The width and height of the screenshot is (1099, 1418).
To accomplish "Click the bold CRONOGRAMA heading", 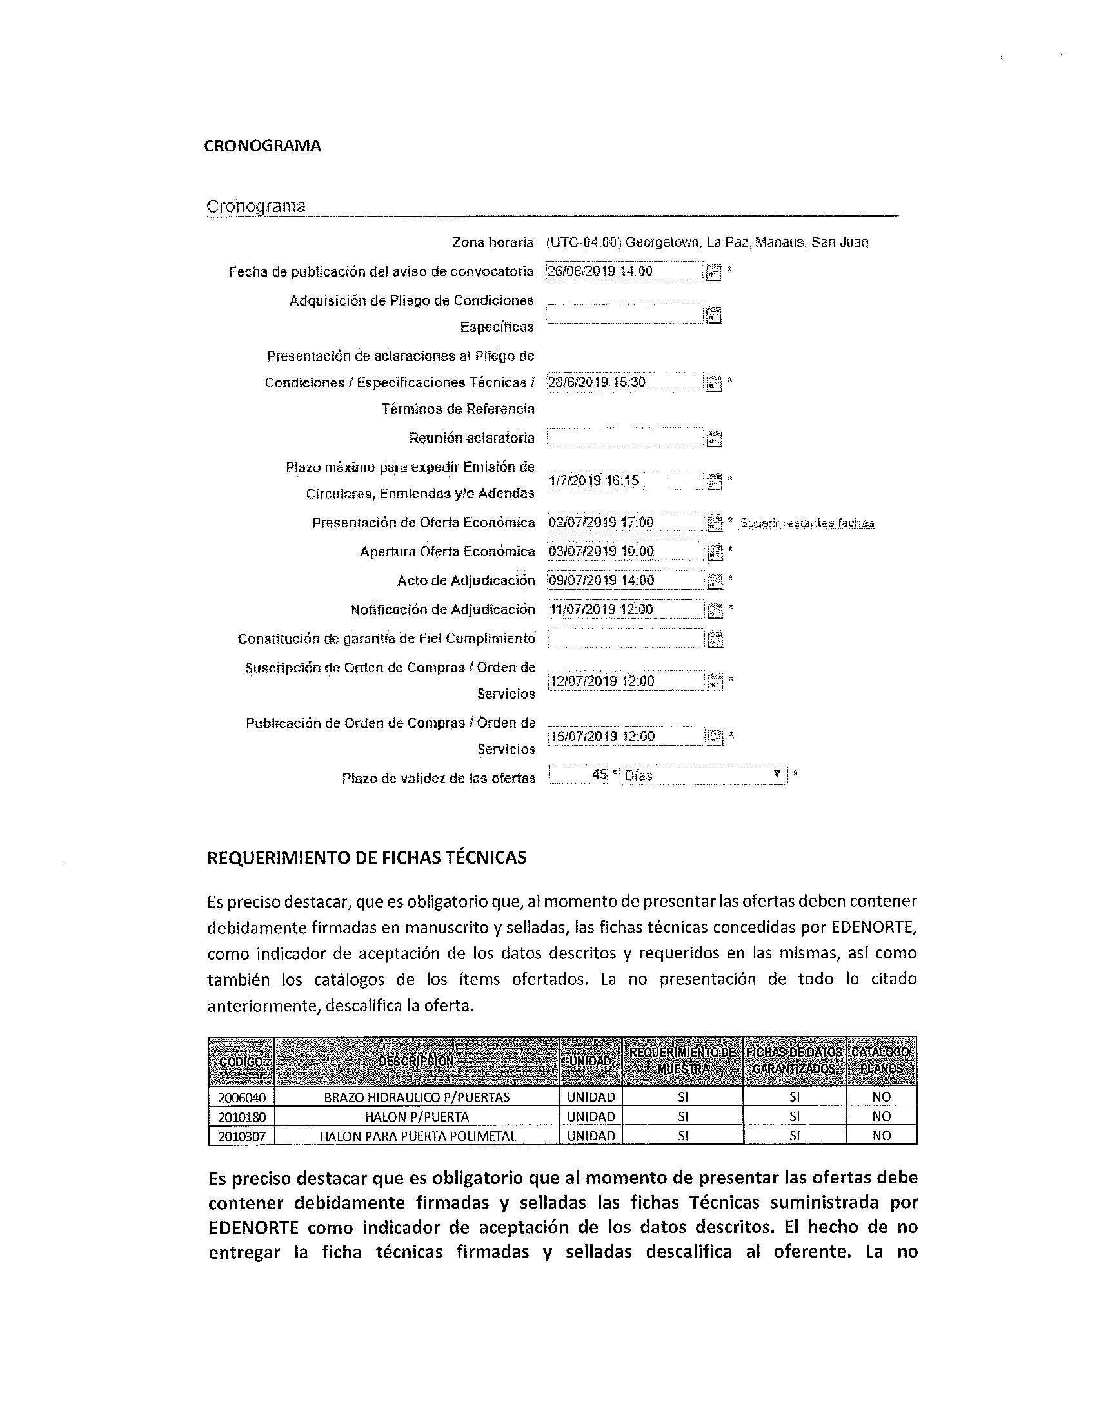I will pos(262,146).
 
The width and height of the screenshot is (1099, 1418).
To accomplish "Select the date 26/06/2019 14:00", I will pos(600,271).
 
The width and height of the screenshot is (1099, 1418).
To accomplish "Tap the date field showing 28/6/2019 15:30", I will pos(597,382).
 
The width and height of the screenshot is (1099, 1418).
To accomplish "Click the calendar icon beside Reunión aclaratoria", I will pos(714,439).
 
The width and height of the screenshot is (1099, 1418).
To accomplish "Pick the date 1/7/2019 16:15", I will pos(593,481).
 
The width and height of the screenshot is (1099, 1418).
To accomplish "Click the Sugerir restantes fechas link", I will pos(807,523).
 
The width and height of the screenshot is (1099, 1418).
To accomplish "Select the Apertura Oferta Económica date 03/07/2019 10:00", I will pos(601,552).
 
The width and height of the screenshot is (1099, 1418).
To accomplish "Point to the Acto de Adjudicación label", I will pos(466,581).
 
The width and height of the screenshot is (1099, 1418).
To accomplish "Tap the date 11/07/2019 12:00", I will pos(602,610).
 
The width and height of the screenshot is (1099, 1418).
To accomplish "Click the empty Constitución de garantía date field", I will pos(625,639).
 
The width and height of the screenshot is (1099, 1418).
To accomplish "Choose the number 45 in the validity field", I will pos(599,775).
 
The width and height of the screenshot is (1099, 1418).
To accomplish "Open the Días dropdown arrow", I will pos(777,774).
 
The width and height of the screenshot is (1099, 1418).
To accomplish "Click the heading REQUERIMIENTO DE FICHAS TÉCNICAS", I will pos(366,858).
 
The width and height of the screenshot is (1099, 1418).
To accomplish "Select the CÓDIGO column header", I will pos(241,1062).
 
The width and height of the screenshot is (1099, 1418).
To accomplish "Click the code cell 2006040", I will pos(242,1098).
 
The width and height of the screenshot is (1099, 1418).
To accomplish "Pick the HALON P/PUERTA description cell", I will pos(417,1117).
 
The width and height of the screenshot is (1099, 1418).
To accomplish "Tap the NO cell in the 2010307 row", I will pos(882,1136).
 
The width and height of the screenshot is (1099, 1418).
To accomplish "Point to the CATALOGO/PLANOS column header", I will pos(882,1061).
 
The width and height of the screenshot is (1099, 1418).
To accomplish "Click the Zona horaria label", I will pos(492,243).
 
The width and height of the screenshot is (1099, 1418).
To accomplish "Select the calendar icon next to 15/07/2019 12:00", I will pos(714,737).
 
